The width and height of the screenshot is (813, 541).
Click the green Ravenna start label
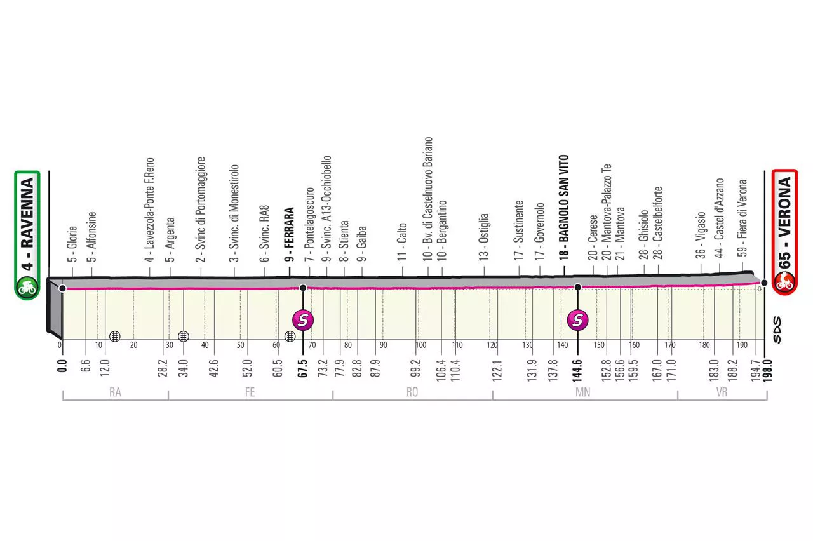pyautogui.click(x=27, y=235)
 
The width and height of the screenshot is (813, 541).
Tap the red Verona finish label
pyautogui.click(x=784, y=232)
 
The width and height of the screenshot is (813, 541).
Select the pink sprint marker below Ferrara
pyautogui.click(x=303, y=319)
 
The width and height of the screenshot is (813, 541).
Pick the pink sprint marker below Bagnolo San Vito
pyautogui.click(x=578, y=319)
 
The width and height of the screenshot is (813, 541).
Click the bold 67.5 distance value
pyautogui.click(x=303, y=368)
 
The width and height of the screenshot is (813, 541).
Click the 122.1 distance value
pyautogui.click(x=497, y=370)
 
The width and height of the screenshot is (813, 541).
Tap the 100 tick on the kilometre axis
pyautogui.click(x=421, y=345)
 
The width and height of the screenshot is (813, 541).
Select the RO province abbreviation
pyautogui.click(x=412, y=392)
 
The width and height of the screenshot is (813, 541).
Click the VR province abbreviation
pyautogui.click(x=722, y=392)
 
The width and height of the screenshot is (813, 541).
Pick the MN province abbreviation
pyautogui.click(x=583, y=392)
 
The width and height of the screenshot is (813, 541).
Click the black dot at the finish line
pyautogui.click(x=764, y=283)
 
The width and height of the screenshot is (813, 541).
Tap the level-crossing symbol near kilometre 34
pyautogui.click(x=184, y=337)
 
